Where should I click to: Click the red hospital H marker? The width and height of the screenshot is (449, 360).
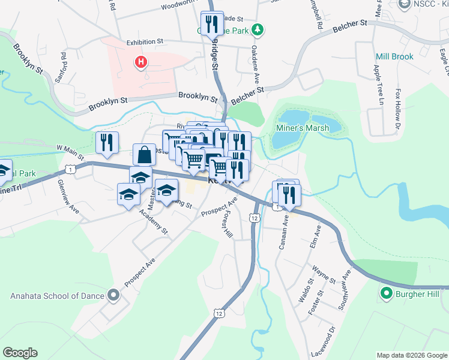point(141,62)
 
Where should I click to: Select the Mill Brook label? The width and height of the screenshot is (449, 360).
point(394,57)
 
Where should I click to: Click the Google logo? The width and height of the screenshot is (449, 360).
point(20,353)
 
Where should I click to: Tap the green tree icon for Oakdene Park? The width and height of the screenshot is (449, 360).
point(258,29)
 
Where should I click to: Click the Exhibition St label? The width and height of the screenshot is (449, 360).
point(145,43)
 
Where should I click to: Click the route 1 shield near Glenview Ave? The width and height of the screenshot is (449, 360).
point(71,170)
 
